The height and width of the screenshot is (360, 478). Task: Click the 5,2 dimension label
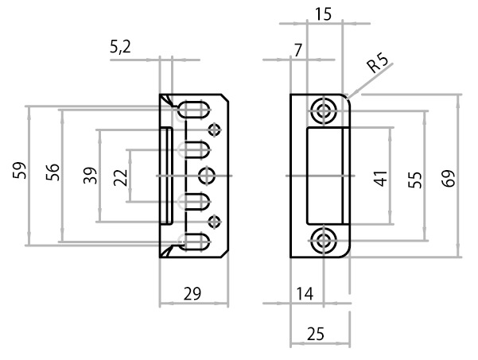(121, 48)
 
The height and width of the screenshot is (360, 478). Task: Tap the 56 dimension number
(52, 172)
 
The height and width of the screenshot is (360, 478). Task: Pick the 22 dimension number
(121, 177)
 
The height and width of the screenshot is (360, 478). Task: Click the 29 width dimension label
(192, 294)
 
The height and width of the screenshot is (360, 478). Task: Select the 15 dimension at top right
(323, 14)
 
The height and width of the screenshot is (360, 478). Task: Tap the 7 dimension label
(297, 50)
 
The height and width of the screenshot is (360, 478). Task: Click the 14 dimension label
(305, 294)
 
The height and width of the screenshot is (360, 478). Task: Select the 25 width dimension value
(316, 335)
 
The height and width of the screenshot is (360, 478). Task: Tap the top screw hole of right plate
(323, 111)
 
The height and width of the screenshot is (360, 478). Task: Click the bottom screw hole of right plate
(323, 240)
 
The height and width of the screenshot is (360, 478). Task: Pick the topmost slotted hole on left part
(196, 109)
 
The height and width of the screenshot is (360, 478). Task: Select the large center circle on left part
(207, 175)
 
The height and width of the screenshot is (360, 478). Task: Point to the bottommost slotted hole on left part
(196, 242)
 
